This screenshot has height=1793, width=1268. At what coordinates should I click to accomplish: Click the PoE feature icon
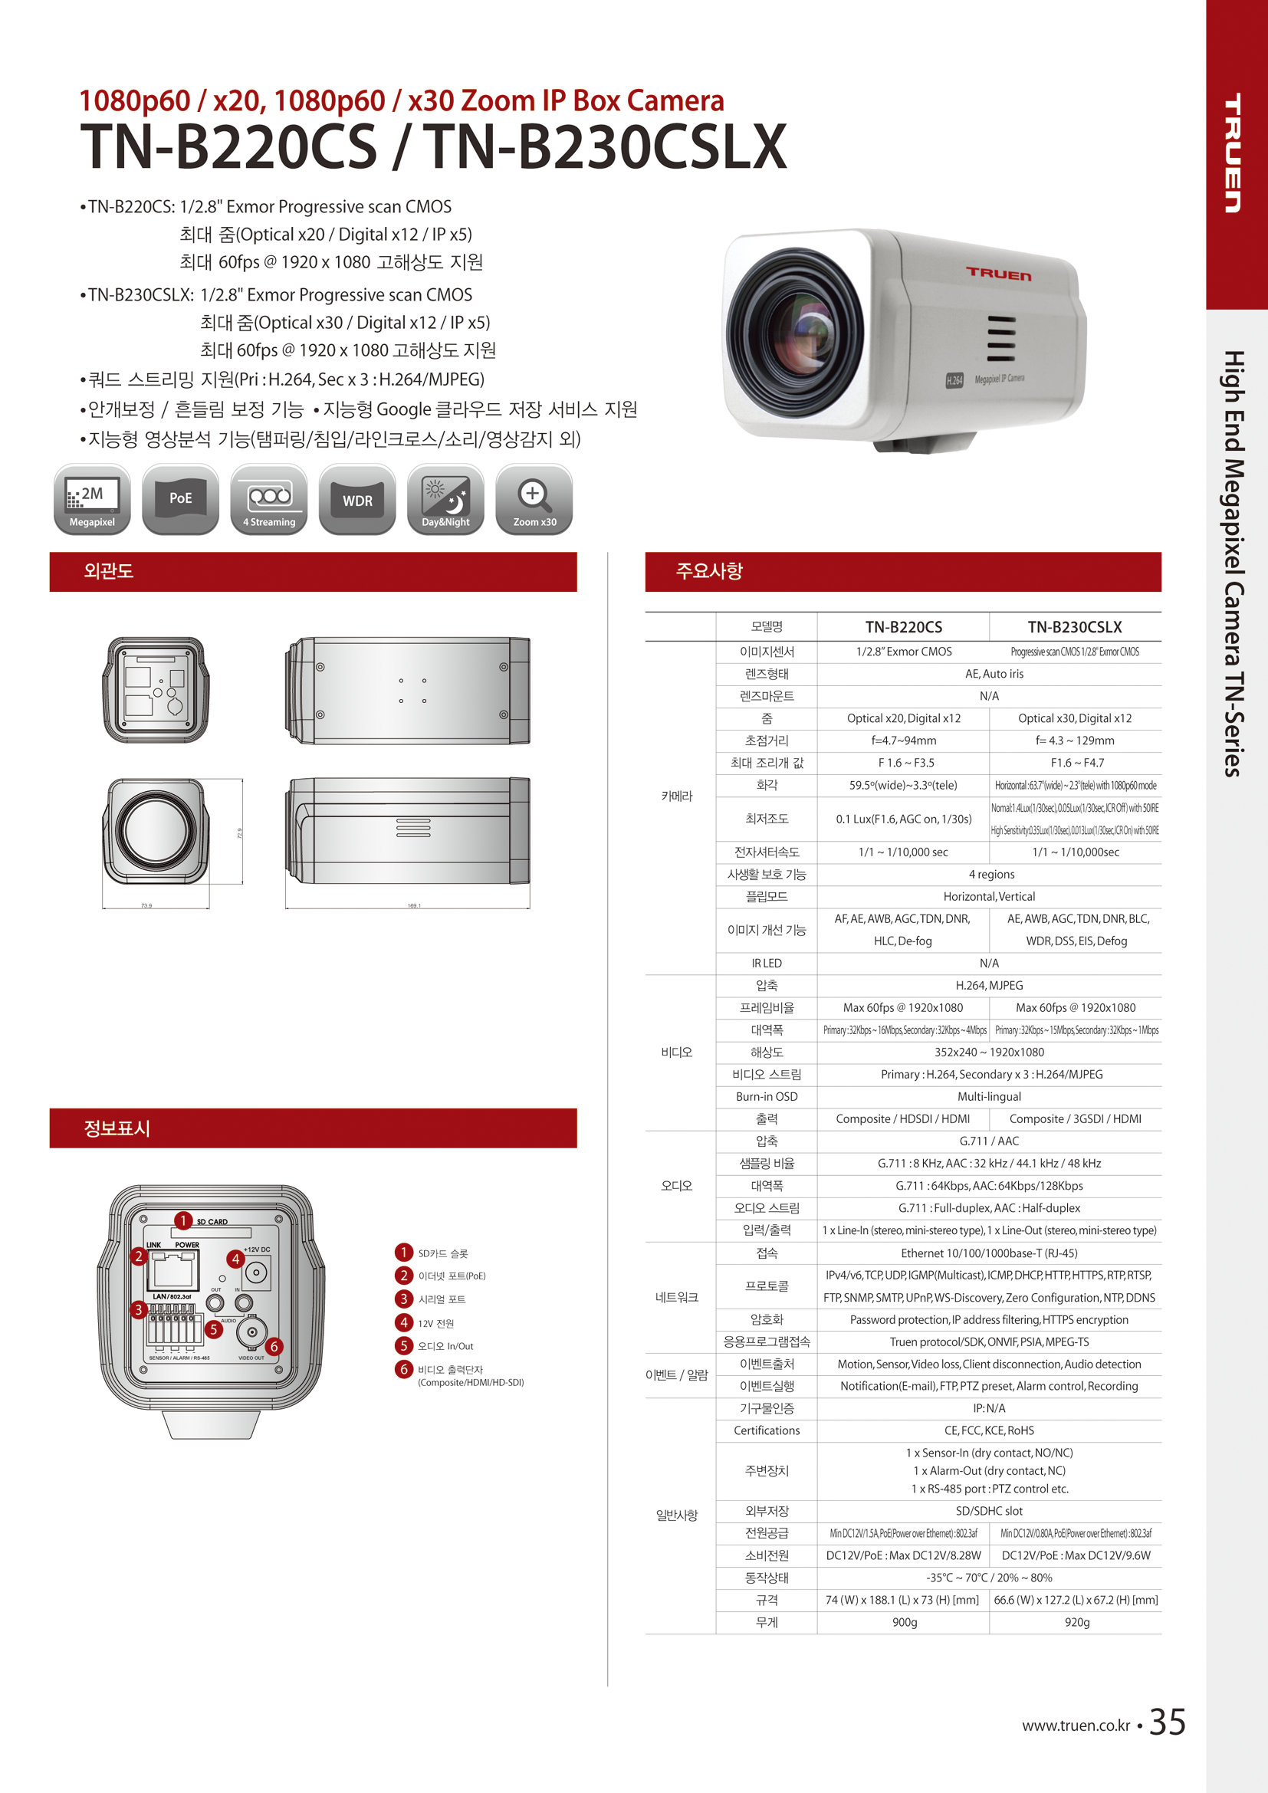point(180,500)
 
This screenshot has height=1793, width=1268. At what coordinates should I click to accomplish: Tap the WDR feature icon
point(357,500)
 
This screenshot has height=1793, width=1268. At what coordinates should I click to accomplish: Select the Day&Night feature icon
point(446,500)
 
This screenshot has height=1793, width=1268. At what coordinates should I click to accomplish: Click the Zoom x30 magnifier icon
point(534,500)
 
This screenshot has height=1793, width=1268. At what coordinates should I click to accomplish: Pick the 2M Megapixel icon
point(92,500)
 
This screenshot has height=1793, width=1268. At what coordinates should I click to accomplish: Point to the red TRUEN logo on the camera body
point(999,274)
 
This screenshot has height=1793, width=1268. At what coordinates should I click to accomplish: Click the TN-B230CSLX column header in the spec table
point(1074,627)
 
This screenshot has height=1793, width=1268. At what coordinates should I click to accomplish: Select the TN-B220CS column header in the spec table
point(903,627)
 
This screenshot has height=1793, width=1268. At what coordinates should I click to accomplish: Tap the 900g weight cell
point(904,1622)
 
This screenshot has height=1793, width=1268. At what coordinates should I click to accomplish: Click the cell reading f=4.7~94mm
point(903,741)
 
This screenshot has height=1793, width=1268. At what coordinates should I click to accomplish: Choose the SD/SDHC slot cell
point(988,1511)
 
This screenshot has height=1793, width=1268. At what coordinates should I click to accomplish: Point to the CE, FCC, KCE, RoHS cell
point(988,1430)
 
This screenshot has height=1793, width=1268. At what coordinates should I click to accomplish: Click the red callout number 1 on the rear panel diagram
point(182,1220)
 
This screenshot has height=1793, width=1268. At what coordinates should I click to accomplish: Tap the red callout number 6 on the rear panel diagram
point(274,1346)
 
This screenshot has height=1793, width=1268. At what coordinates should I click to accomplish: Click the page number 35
point(1168,1722)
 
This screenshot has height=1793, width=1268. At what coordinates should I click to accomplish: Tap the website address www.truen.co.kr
point(1075,1726)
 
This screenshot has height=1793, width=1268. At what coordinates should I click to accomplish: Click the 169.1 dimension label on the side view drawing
point(414,906)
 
